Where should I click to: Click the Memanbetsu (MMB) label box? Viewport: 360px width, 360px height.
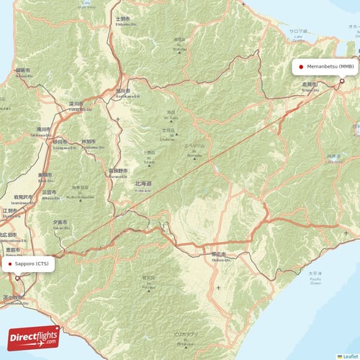pos(325,66)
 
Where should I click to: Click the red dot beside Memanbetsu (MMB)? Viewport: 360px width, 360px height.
pos(301,66)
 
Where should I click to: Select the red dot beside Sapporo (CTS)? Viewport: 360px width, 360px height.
pos(11,264)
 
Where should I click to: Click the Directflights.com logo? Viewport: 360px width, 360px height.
pos(33,336)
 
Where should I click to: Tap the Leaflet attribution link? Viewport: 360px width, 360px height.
pos(350,356)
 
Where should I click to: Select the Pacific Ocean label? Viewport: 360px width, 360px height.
pos(315,278)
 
